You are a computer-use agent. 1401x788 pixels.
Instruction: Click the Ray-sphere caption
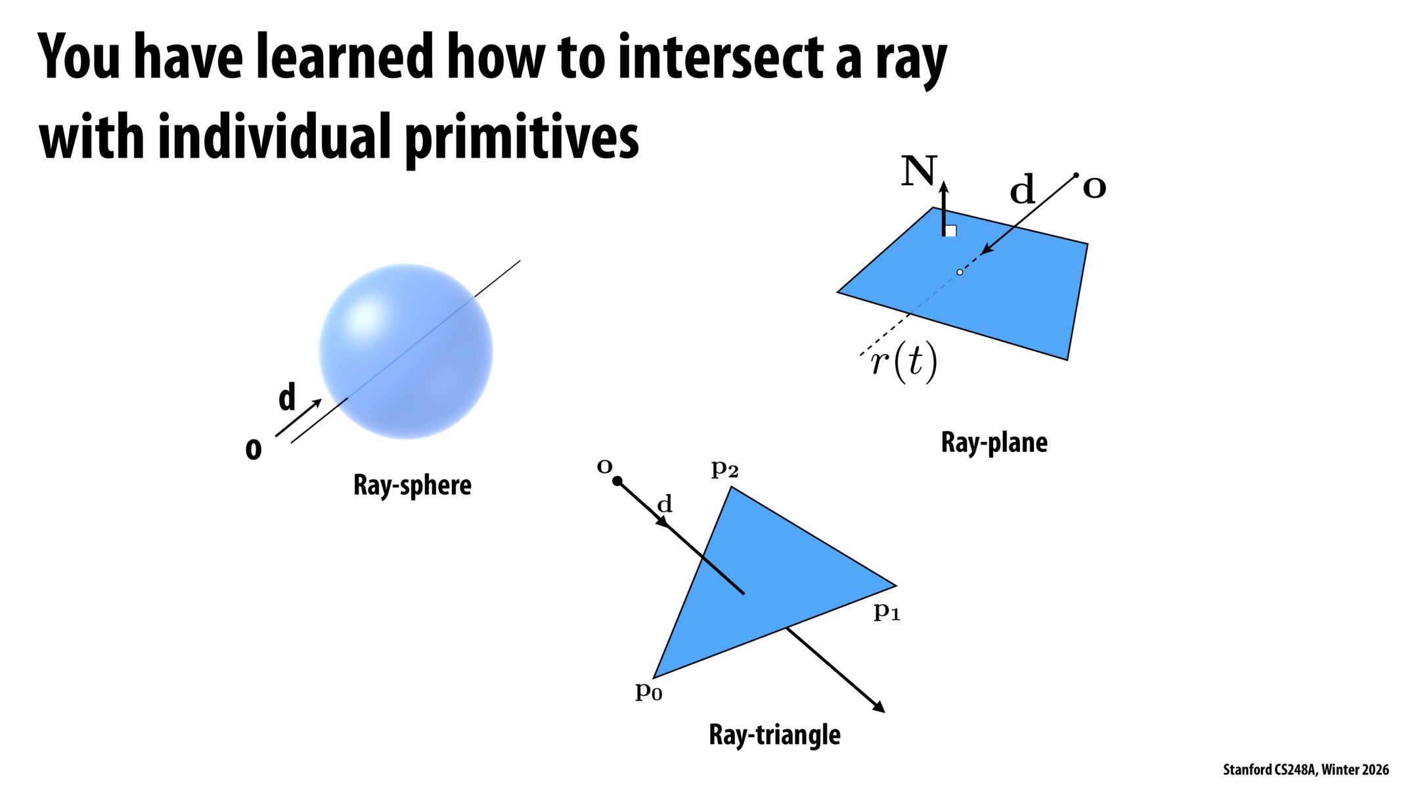pyautogui.click(x=412, y=485)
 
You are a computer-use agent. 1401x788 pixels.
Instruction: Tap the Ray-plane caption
pyautogui.click(x=994, y=442)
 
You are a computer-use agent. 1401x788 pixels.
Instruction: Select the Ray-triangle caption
pyautogui.click(x=774, y=734)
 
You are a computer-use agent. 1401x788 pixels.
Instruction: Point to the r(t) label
pyautogui.click(x=904, y=362)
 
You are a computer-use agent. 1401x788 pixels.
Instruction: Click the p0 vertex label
pyautogui.click(x=648, y=691)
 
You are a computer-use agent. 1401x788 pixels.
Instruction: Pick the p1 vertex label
pyautogui.click(x=887, y=611)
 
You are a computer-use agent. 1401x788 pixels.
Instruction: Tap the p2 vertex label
pyautogui.click(x=724, y=469)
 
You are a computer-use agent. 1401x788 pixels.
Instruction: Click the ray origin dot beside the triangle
pyautogui.click(x=617, y=481)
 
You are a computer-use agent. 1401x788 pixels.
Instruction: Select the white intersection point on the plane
pyautogui.click(x=960, y=272)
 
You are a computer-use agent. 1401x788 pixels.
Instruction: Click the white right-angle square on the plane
pyautogui.click(x=950, y=230)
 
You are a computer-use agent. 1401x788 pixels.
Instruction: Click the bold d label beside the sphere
pyautogui.click(x=287, y=397)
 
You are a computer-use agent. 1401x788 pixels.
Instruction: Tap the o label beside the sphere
pyautogui.click(x=254, y=450)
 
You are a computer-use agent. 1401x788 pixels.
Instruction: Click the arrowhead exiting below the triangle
pyautogui.click(x=879, y=707)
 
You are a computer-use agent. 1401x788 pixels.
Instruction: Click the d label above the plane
pyautogui.click(x=1022, y=190)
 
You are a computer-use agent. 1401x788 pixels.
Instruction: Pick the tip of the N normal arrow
pyautogui.click(x=944, y=184)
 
